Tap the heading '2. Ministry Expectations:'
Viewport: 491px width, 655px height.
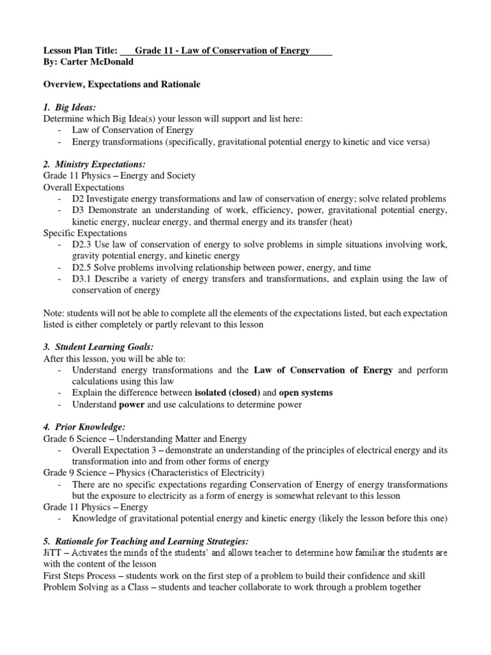[95, 164]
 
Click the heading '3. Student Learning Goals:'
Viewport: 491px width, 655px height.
[98, 346]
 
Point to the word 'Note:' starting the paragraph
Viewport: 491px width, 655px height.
[54, 313]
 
